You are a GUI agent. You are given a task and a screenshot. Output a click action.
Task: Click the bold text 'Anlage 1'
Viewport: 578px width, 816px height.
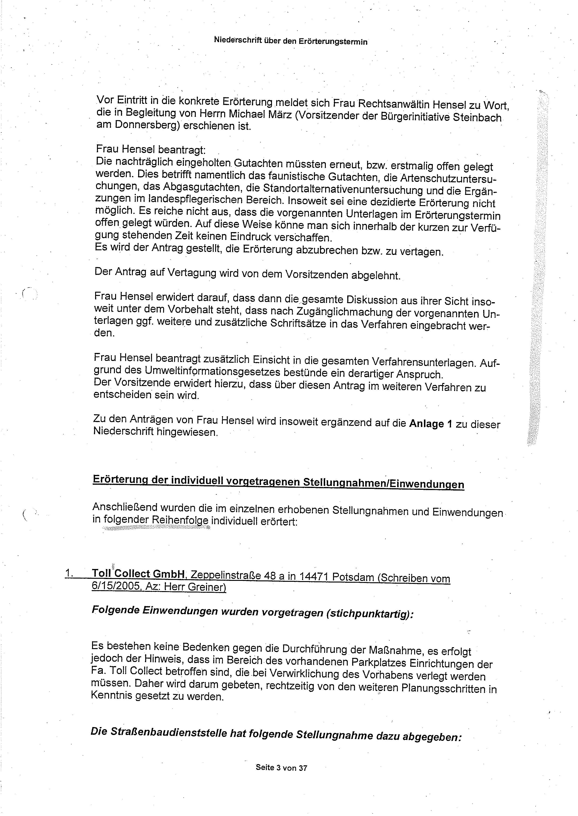tap(431, 423)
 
